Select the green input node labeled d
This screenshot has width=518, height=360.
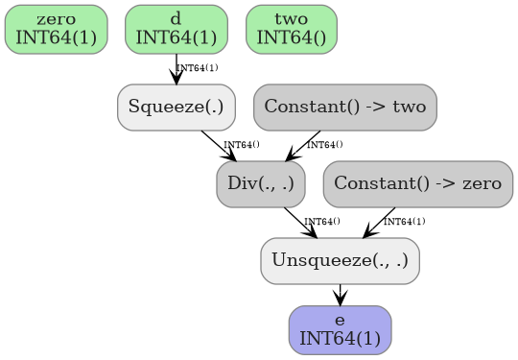pyautogui.click(x=177, y=29)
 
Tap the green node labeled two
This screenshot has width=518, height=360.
pyautogui.click(x=292, y=29)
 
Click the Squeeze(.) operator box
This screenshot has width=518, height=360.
pyautogui.click(x=177, y=107)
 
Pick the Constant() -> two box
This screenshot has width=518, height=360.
pyautogui.click(x=344, y=107)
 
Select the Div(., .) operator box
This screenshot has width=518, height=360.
pyautogui.click(x=261, y=183)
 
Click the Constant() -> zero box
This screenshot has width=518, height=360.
pyautogui.click(x=418, y=183)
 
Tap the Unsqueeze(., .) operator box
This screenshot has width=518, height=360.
pyautogui.click(x=340, y=260)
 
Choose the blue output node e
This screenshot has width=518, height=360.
pyautogui.click(x=340, y=329)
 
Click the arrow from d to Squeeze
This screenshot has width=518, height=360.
pyautogui.click(x=177, y=69)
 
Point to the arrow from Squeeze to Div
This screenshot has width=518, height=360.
pyautogui.click(x=220, y=146)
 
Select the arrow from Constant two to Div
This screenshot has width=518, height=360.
pyautogui.click(x=303, y=146)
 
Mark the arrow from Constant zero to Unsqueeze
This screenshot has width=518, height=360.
pyautogui.click(x=380, y=223)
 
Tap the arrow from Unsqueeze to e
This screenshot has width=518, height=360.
pyautogui.click(x=340, y=295)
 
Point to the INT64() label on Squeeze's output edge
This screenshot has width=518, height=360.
pyautogui.click(x=241, y=145)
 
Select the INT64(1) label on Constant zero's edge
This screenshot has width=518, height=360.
pyautogui.click(x=404, y=222)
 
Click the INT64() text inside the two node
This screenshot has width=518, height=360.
pyautogui.click(x=292, y=37)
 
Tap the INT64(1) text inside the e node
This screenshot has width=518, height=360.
pyautogui.click(x=340, y=338)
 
